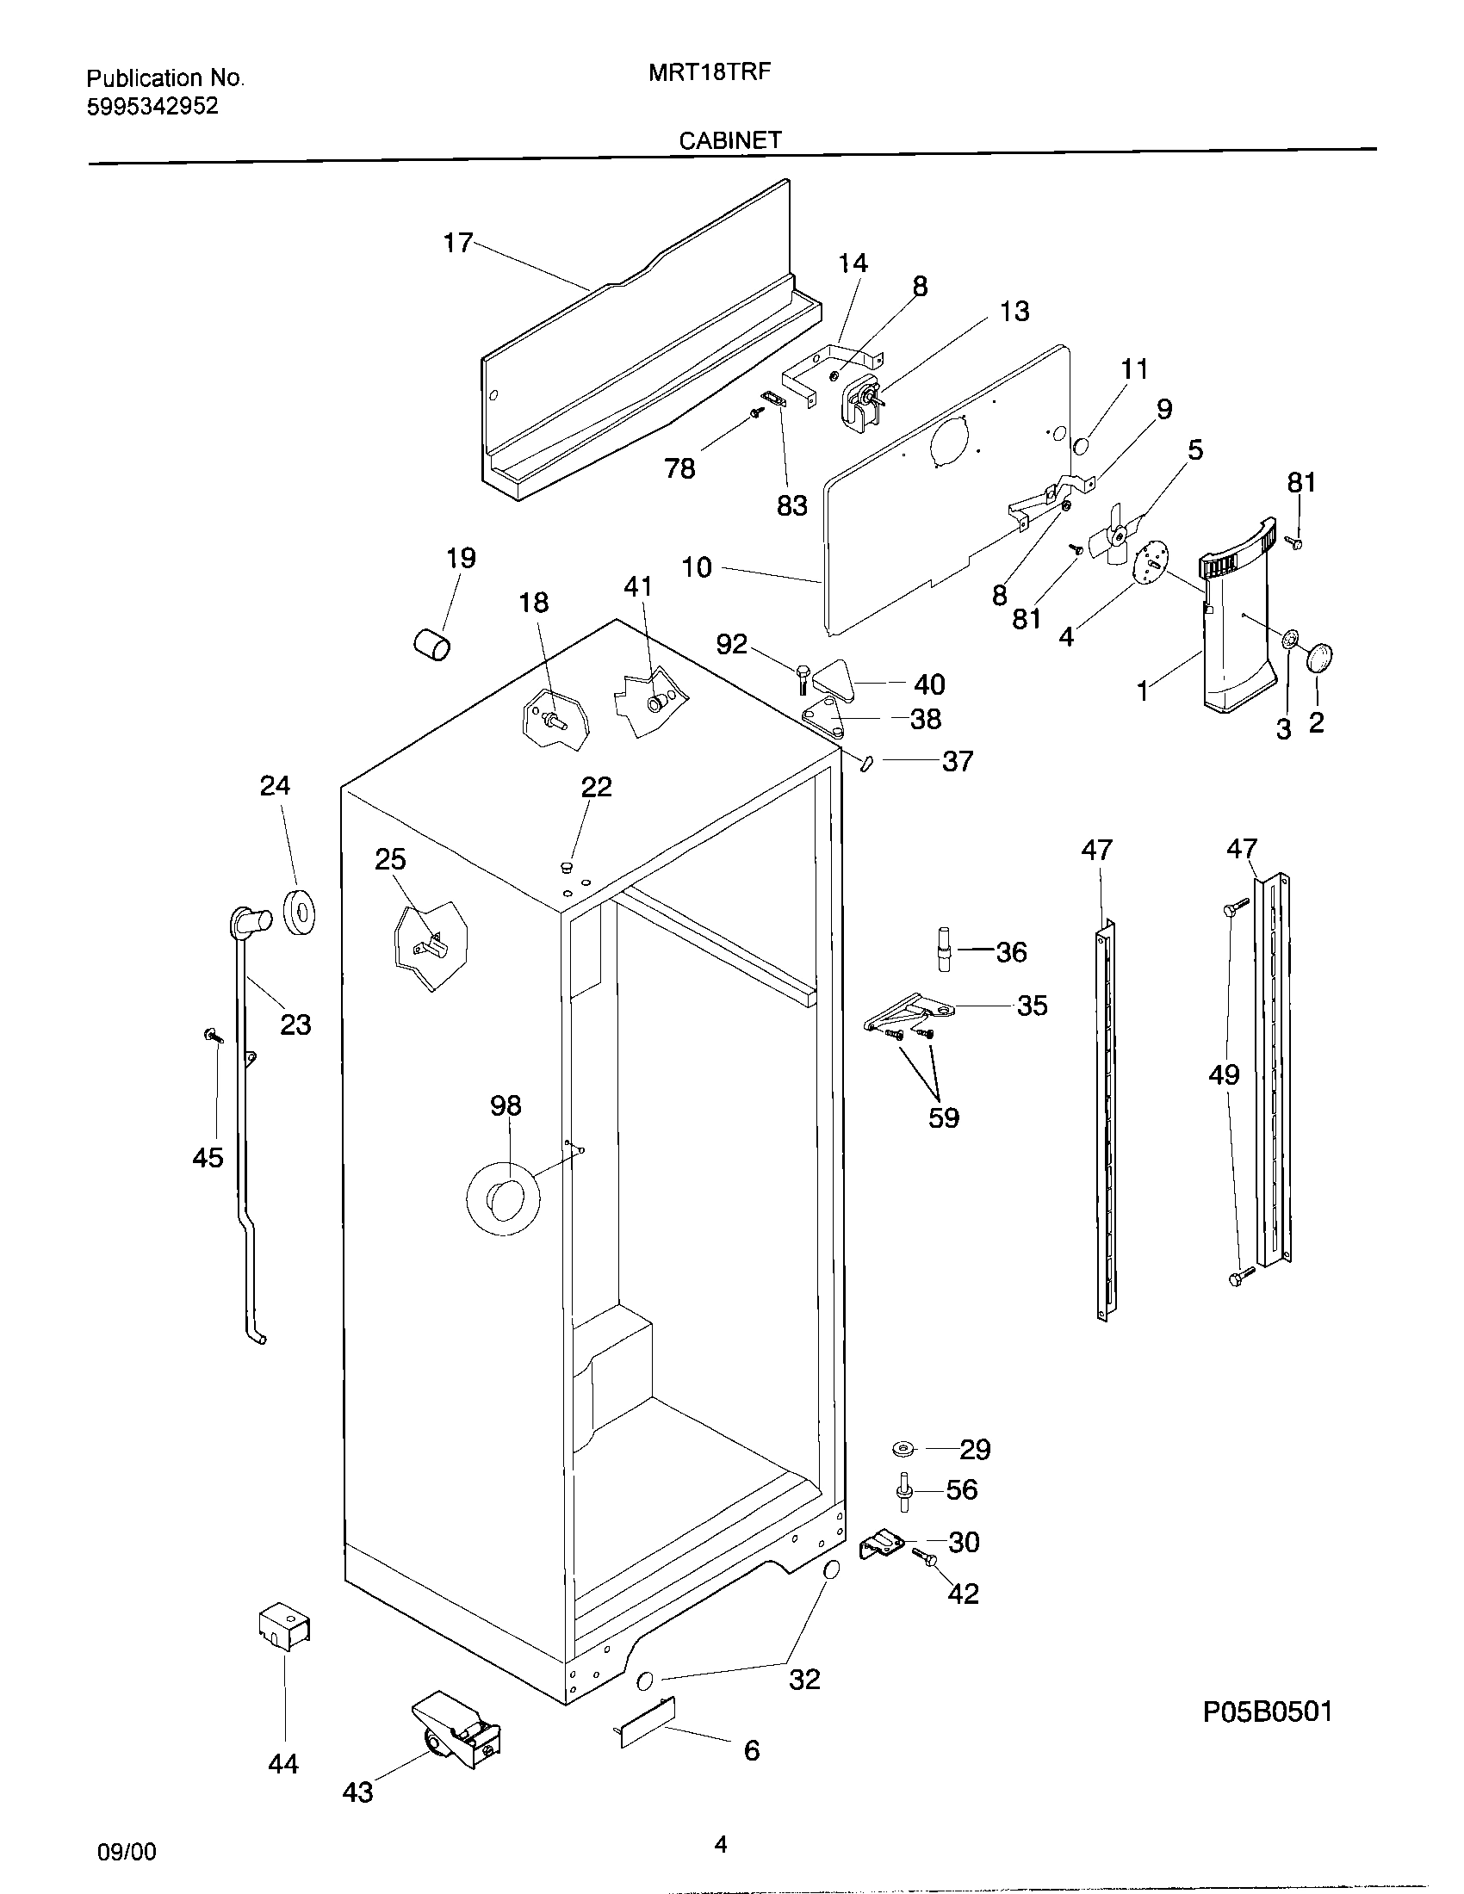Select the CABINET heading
click(x=729, y=140)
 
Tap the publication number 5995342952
click(x=152, y=107)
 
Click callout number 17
click(x=457, y=243)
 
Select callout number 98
click(x=506, y=1105)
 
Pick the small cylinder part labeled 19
click(x=431, y=644)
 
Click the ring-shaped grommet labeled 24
click(x=300, y=910)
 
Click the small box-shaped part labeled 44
click(x=284, y=1628)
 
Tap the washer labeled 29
click(x=903, y=1447)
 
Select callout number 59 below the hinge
click(x=944, y=1117)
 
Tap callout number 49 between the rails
click(x=1224, y=1075)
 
